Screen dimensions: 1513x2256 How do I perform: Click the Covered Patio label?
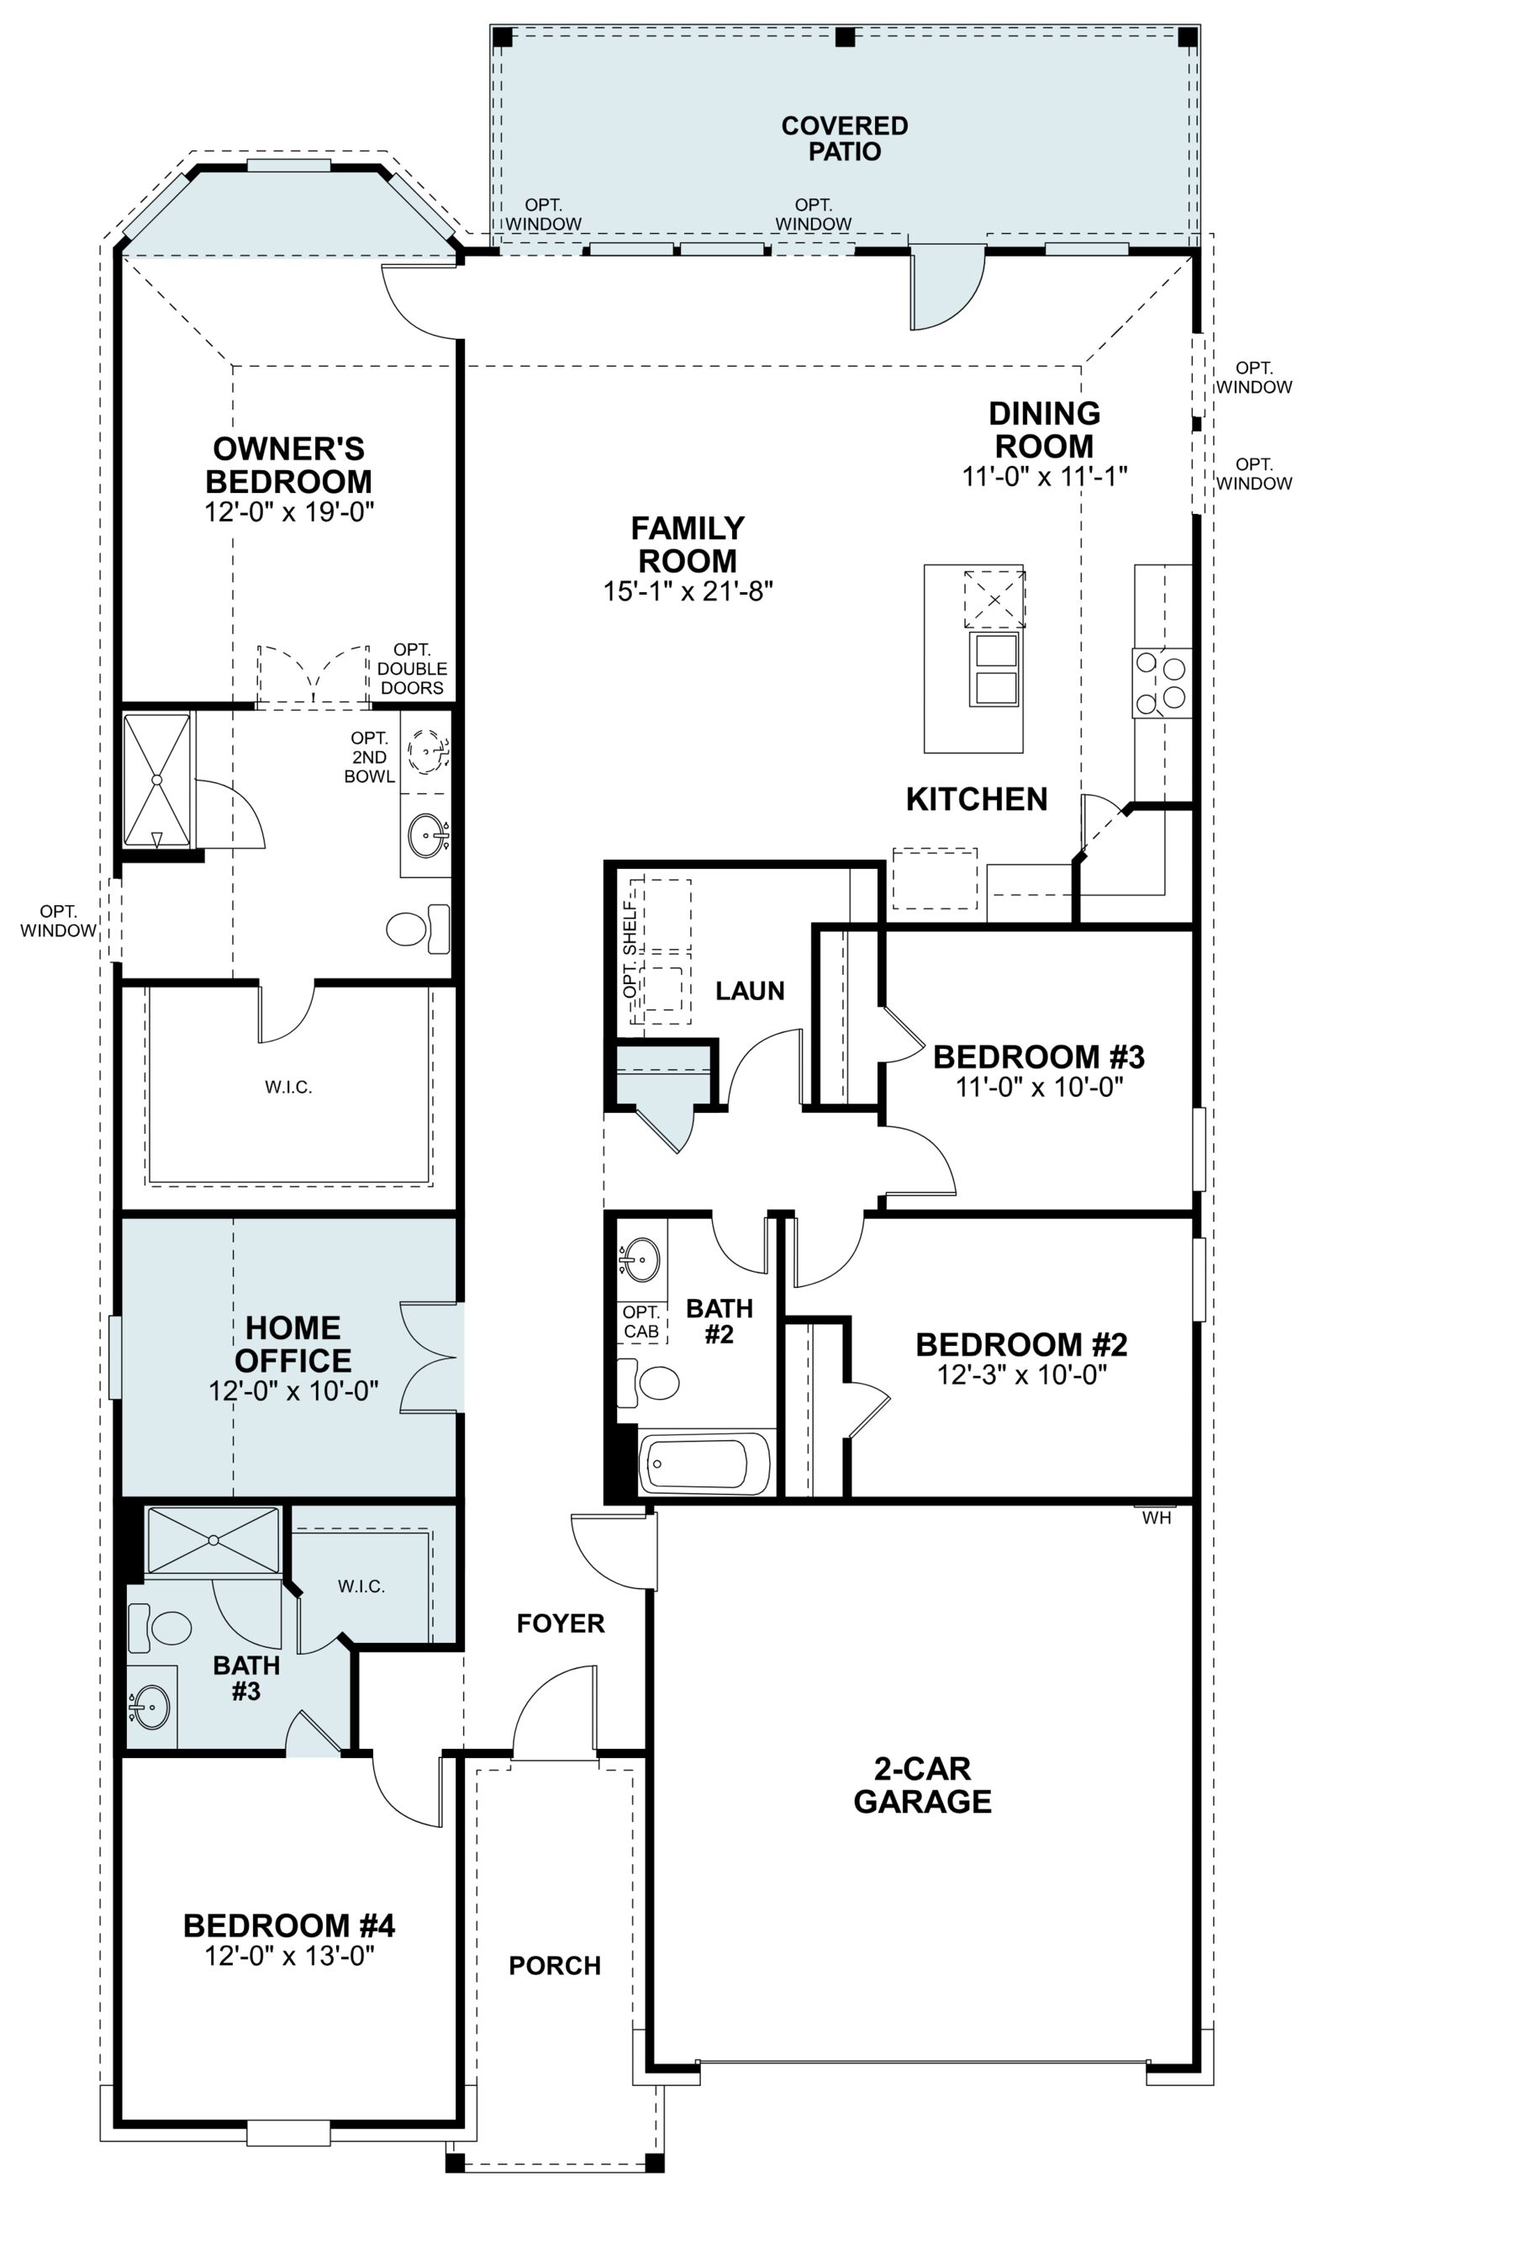tap(844, 138)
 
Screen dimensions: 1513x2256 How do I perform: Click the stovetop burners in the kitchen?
tap(1162, 682)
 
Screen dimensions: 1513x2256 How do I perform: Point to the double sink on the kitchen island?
tap(996, 669)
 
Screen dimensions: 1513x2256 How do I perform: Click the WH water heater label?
tap(1156, 1518)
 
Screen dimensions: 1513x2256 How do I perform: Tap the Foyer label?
tap(561, 1623)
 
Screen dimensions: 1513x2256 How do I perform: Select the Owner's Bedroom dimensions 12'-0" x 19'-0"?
tap(289, 511)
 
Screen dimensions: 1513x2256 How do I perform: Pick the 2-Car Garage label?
tap(922, 1785)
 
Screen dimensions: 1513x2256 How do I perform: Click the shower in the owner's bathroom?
tap(156, 781)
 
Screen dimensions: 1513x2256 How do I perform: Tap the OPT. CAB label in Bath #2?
tap(641, 1321)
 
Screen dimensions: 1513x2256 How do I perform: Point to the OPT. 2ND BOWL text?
tap(371, 758)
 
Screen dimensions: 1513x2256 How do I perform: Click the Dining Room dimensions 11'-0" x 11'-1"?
tap(1045, 476)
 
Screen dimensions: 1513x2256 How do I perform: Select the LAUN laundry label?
tap(750, 990)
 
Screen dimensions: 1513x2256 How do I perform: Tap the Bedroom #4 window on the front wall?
tap(288, 2132)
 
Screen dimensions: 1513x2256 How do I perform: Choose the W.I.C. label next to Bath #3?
tap(361, 1586)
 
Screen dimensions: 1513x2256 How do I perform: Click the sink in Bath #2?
tap(639, 1259)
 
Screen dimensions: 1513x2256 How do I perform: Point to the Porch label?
tap(555, 1966)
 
